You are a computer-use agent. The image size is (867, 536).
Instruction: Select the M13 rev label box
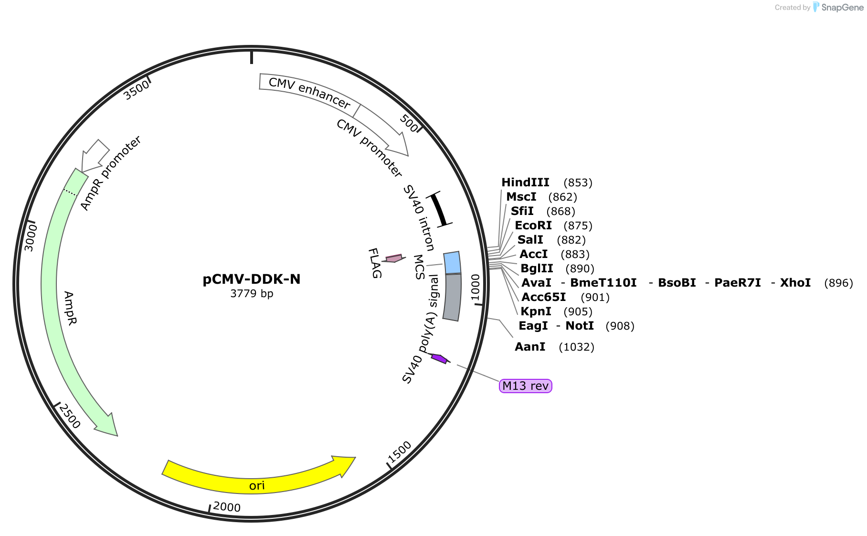point(525,386)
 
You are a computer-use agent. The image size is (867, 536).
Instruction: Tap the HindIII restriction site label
point(525,182)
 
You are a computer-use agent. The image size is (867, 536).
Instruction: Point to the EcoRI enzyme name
point(533,225)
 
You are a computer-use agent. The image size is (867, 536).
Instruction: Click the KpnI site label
point(536,311)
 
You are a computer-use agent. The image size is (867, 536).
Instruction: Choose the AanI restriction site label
point(530,347)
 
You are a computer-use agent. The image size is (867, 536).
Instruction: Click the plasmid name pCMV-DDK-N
point(252,279)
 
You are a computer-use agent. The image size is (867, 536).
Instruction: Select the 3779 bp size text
point(252,293)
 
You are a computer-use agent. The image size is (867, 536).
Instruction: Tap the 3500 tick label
point(136,90)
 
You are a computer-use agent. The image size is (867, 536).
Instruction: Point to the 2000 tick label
point(227,507)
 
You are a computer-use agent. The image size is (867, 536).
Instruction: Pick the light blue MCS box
point(453,263)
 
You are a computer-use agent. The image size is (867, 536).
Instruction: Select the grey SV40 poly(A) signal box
point(452,297)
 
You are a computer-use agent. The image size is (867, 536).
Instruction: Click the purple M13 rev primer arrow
point(440,358)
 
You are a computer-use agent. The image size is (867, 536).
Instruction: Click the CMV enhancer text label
point(309,93)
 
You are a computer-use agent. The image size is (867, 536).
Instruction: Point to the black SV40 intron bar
point(439,208)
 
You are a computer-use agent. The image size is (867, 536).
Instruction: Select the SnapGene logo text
point(842,7)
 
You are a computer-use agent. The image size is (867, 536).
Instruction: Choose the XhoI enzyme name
point(795,283)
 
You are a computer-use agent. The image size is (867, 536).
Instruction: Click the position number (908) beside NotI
point(620,326)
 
